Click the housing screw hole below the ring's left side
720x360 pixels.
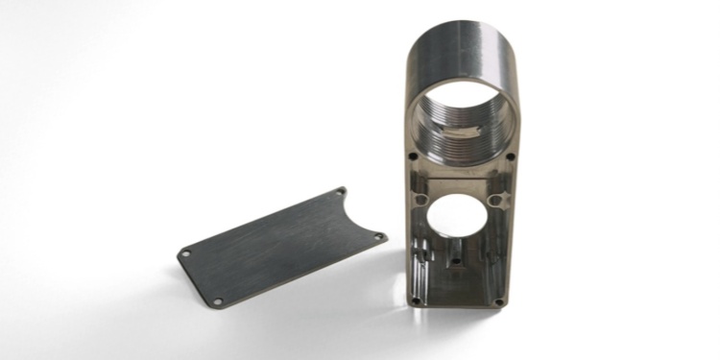(413, 156)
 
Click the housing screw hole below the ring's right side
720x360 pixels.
(510, 156)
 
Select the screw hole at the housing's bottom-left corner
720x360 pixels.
(416, 300)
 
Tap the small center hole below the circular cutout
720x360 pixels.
(459, 256)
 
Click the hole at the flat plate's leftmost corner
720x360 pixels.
(185, 253)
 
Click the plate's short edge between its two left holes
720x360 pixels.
(198, 279)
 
